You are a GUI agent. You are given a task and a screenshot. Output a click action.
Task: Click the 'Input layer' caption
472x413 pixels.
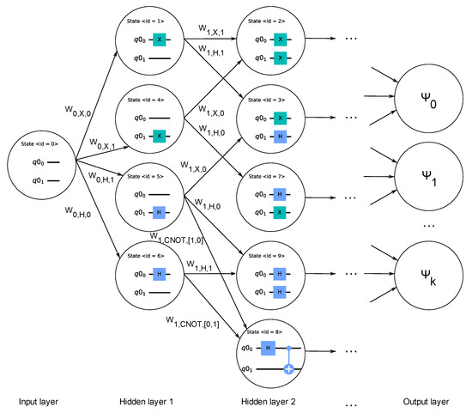39,401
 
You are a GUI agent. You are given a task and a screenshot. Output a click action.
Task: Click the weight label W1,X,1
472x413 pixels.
205,34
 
